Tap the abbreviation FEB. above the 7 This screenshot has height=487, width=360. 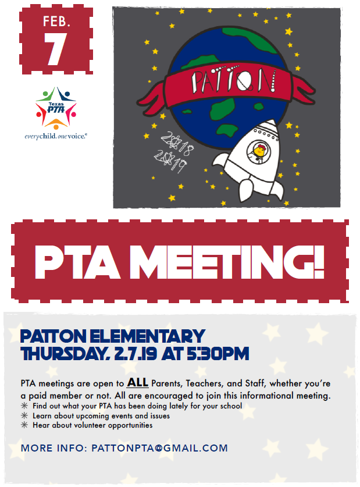56,22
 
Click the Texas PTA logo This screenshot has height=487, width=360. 56,108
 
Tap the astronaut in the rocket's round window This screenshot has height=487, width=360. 257,152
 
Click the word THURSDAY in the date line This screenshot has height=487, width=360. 63,353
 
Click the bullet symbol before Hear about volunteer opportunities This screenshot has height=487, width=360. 24,425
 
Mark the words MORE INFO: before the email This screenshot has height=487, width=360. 53,448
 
